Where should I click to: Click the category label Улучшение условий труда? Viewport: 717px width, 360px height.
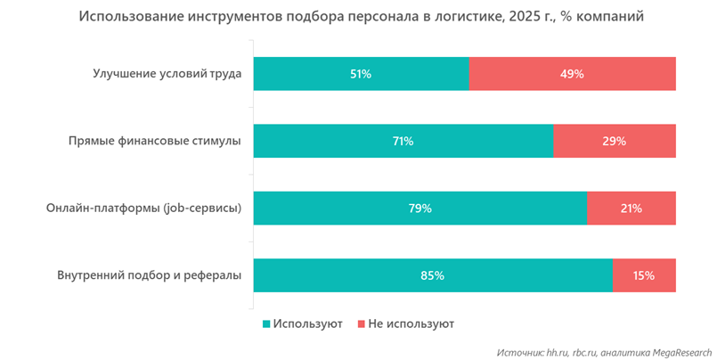167,74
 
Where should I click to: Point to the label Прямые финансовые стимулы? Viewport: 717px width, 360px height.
155,141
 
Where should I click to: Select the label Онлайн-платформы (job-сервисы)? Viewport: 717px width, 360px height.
144,209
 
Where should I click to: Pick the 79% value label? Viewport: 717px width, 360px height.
420,209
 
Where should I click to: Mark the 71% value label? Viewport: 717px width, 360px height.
403,141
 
